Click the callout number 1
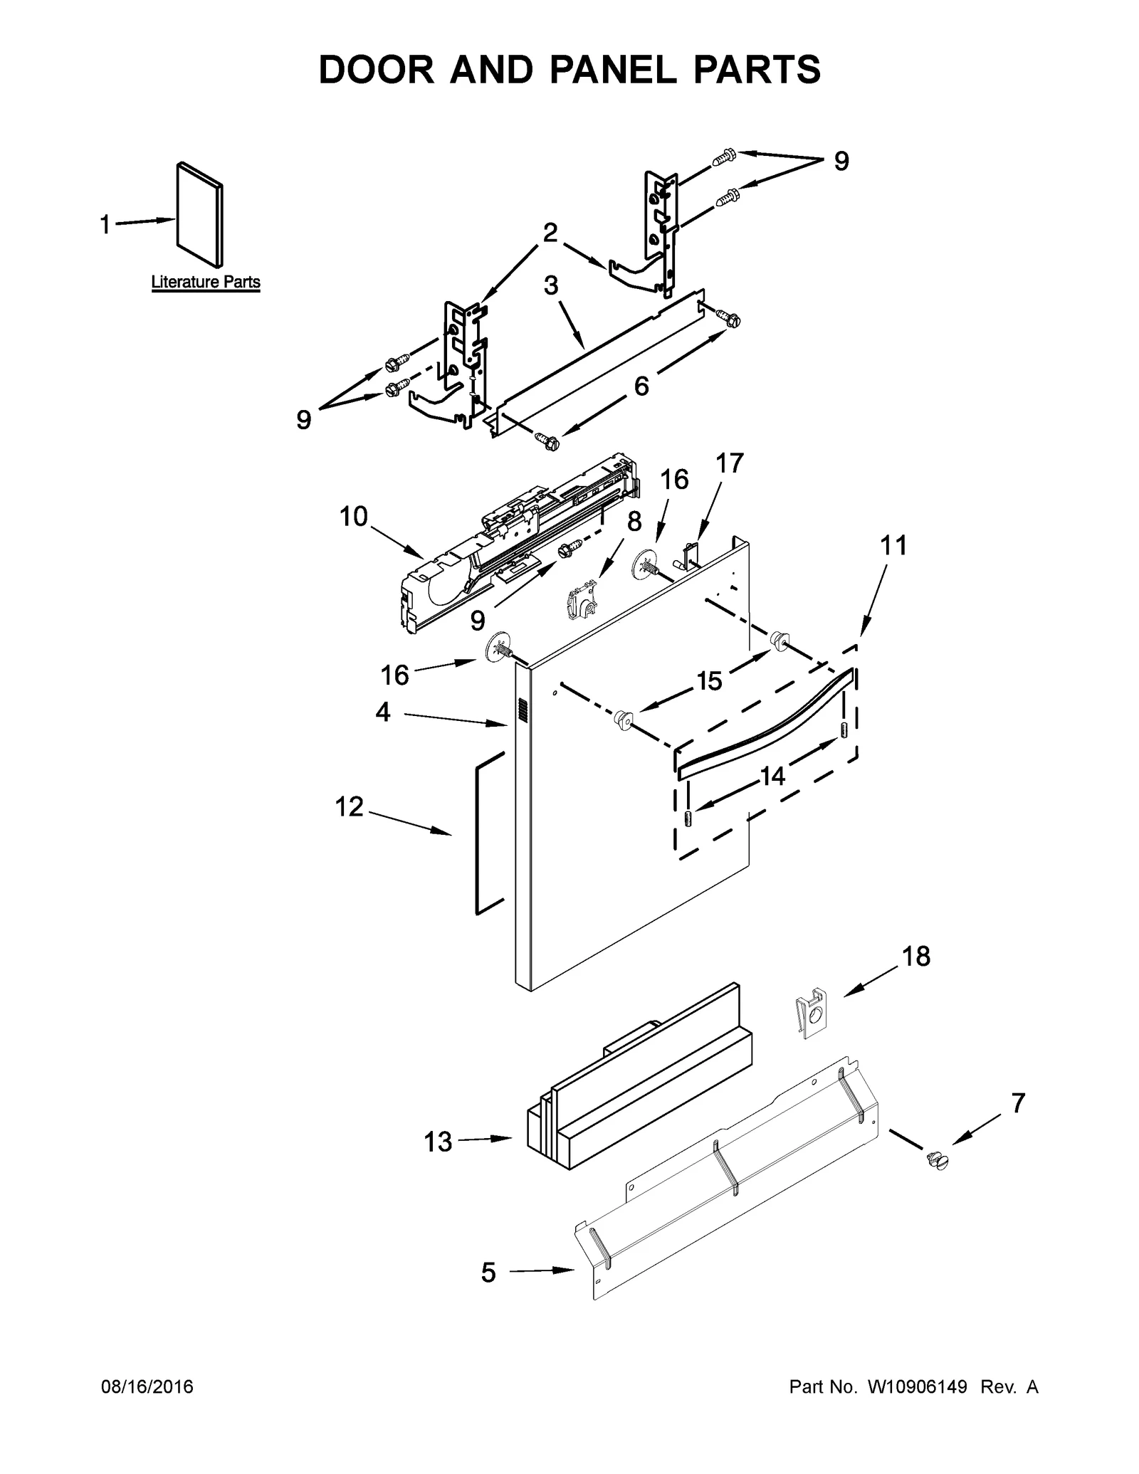click(105, 225)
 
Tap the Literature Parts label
click(206, 282)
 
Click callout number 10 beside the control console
click(353, 516)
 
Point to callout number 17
click(729, 463)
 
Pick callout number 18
click(916, 957)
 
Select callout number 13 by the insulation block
click(438, 1142)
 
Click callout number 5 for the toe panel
click(488, 1272)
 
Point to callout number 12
click(350, 806)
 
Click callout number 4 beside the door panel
click(383, 711)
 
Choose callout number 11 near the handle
click(894, 545)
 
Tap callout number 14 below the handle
click(772, 776)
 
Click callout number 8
click(634, 521)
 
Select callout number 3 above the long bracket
click(551, 285)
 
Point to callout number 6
click(641, 386)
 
